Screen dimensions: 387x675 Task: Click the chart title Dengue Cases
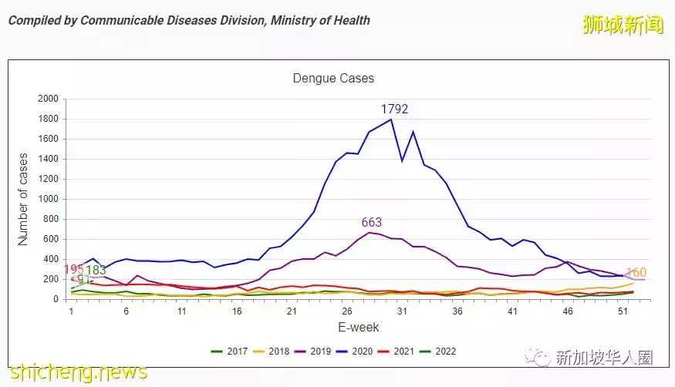333,79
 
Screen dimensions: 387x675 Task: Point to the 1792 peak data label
393,109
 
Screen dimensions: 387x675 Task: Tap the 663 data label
371,223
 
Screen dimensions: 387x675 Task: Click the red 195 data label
73,269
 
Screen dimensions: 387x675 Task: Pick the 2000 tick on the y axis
48,99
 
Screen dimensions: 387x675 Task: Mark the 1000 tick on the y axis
48,199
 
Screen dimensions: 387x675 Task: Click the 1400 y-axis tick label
48,159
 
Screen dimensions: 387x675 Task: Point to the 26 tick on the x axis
347,311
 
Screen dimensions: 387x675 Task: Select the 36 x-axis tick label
457,311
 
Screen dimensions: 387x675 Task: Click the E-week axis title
358,328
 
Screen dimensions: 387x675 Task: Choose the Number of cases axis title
23,199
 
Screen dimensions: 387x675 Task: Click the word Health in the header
349,21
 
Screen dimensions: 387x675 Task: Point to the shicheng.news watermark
78,372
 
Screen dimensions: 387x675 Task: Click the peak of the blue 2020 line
391,119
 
